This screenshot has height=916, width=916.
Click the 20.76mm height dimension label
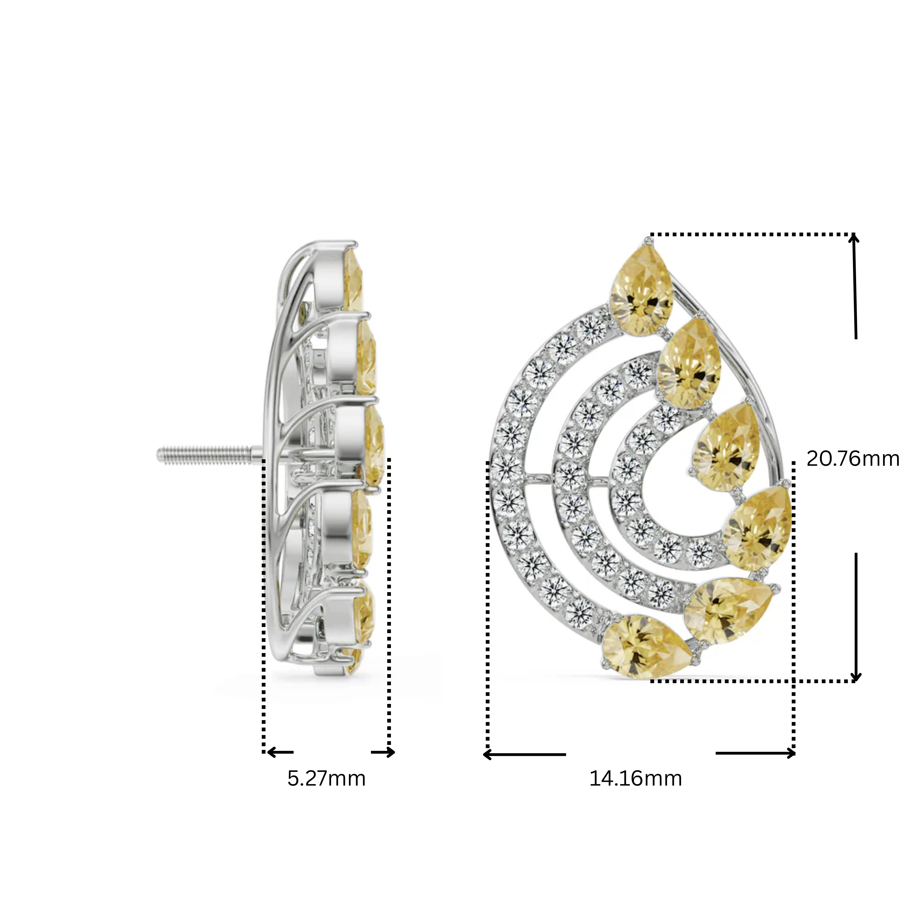852,459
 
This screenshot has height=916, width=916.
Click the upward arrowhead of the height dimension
853,238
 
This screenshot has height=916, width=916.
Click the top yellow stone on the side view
354,280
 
